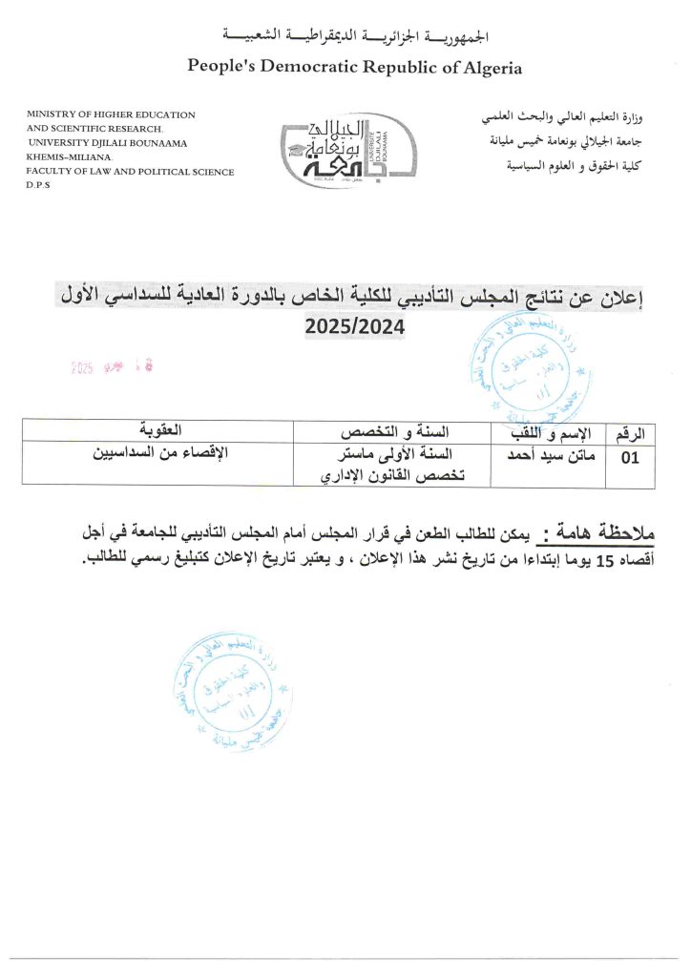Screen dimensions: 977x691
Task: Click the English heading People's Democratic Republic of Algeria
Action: click(x=354, y=67)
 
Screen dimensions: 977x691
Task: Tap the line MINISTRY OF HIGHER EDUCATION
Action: click(x=112, y=114)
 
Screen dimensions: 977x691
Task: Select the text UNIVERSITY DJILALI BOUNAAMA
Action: click(x=108, y=142)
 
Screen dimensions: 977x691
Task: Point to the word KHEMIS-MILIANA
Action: click(x=69, y=156)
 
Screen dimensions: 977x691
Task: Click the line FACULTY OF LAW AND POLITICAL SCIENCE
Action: click(x=131, y=171)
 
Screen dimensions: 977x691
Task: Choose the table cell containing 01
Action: click(x=630, y=459)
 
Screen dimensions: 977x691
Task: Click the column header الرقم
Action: click(x=630, y=431)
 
